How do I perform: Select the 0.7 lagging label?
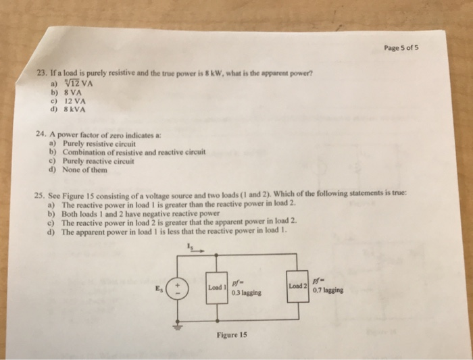(328, 291)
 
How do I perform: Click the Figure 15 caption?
(232, 335)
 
